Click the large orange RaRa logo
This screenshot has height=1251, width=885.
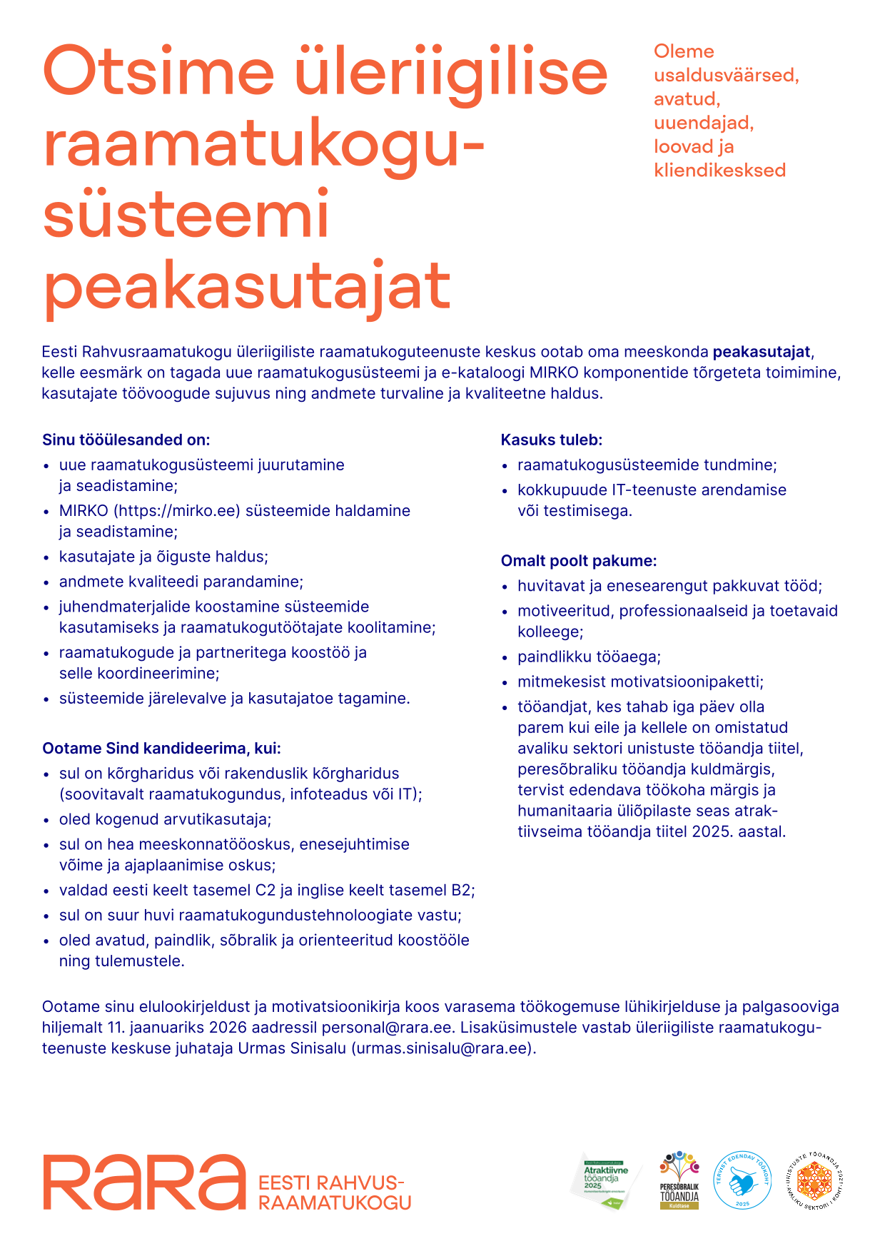click(143, 1182)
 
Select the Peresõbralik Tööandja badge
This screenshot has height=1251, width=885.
click(679, 1180)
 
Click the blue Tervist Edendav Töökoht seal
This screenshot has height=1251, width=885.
click(742, 1180)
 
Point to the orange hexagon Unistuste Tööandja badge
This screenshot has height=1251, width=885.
click(814, 1180)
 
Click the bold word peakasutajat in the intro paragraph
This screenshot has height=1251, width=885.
click(762, 352)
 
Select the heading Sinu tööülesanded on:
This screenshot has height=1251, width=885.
click(126, 440)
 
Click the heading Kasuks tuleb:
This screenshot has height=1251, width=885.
click(552, 440)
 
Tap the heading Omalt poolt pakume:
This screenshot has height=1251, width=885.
click(579, 561)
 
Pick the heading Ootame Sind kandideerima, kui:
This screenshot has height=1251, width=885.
click(162, 749)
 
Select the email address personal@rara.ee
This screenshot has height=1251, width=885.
click(387, 1028)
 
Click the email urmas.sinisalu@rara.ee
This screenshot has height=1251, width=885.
click(442, 1048)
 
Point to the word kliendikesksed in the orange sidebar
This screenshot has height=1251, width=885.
click(719, 170)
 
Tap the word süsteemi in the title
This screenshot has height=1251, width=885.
click(186, 215)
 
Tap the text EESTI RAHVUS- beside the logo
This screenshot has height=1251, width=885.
click(331, 1182)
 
